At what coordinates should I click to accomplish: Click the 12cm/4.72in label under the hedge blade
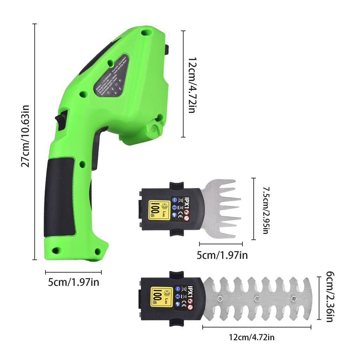point(251,338)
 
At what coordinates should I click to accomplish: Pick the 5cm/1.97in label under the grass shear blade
point(222,255)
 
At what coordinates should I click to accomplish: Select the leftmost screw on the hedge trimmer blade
point(220,298)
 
